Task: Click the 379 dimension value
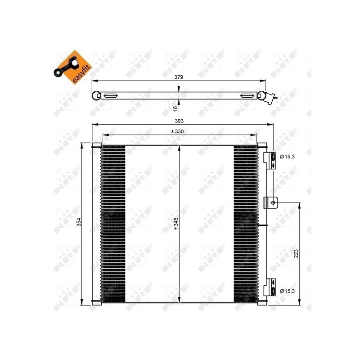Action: click(179, 77)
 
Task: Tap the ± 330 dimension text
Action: click(179, 131)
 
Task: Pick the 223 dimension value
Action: click(296, 254)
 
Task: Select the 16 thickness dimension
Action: click(175, 107)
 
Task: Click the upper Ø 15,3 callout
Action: click(287, 157)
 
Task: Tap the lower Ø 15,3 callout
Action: click(287, 291)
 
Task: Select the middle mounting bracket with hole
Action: click(271, 202)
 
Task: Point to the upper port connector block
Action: click(270, 159)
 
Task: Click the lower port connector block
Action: click(270, 288)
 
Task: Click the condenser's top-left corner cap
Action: click(96, 145)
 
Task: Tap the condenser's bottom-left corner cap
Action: click(96, 302)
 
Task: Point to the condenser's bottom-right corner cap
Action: click(262, 302)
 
